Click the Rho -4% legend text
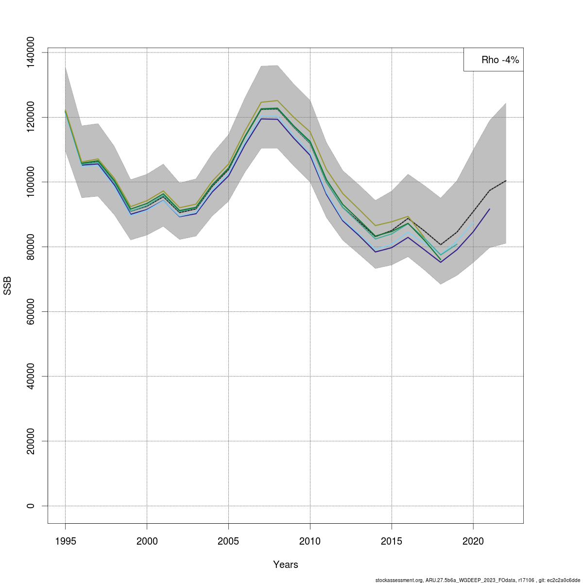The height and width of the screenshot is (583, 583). tap(500, 60)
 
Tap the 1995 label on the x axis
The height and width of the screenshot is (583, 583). tap(65, 541)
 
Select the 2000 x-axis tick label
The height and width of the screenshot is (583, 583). tap(147, 541)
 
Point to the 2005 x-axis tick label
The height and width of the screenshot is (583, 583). tap(228, 541)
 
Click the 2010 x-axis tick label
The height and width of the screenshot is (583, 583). tap(310, 541)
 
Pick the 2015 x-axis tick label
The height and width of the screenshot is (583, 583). tap(392, 541)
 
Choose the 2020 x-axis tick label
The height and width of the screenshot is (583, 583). tap(473, 541)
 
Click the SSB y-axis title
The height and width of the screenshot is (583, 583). tap(7, 286)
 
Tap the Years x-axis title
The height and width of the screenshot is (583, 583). tap(286, 565)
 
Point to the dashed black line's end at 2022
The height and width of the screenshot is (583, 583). tap(506, 181)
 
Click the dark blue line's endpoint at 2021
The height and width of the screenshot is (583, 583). tap(490, 209)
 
